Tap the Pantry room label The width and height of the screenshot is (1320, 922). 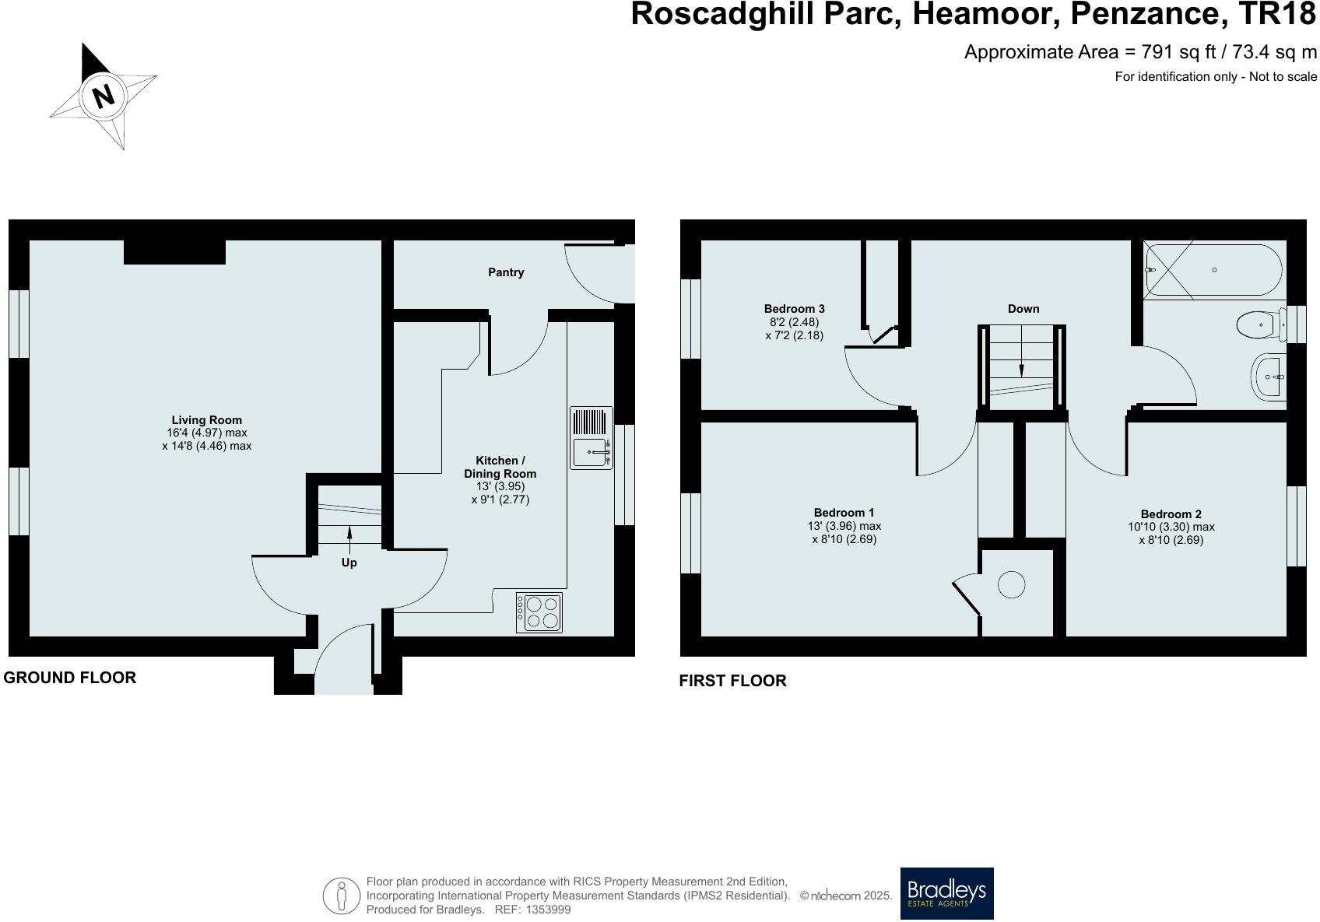(506, 272)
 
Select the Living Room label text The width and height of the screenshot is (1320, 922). (206, 420)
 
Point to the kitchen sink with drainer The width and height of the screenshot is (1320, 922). (592, 438)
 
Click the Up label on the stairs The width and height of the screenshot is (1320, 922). (349, 563)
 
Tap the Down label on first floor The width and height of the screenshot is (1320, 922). (1023, 309)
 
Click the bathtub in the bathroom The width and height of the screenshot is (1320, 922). (1213, 270)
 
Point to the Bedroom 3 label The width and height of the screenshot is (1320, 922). (794, 309)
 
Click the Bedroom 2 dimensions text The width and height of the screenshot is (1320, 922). (1171, 533)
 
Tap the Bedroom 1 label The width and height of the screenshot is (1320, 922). (844, 513)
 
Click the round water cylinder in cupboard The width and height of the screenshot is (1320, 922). (1011, 584)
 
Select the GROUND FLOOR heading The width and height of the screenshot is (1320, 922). (70, 678)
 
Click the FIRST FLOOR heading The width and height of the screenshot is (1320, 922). (732, 681)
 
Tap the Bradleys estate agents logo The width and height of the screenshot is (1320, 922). (946, 893)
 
